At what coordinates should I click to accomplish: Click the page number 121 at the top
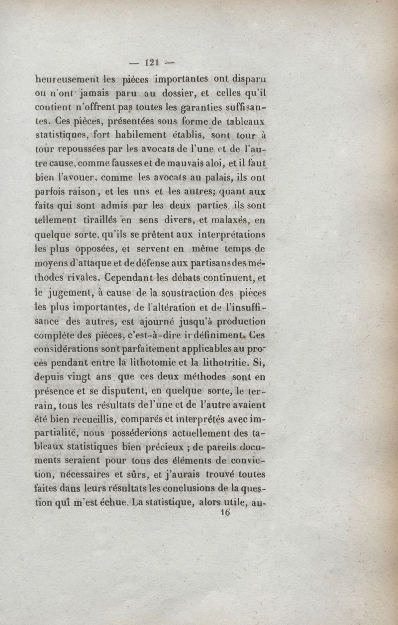151,62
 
